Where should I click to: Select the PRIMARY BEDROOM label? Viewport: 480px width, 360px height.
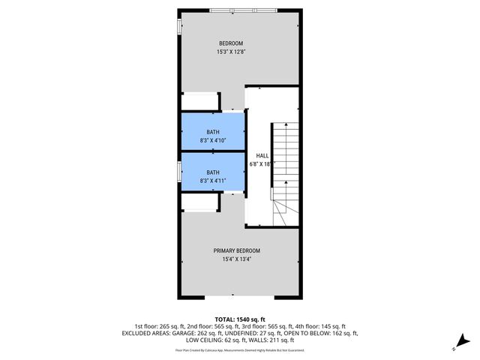[236, 250]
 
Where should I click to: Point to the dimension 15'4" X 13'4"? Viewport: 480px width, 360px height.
[236, 260]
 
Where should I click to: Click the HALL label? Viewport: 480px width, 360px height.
[262, 155]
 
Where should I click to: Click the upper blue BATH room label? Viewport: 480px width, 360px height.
[213, 132]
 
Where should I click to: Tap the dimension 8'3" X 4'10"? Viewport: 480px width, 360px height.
[213, 141]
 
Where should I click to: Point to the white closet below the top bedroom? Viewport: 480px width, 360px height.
[199, 102]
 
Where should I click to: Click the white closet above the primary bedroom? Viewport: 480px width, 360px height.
[199, 201]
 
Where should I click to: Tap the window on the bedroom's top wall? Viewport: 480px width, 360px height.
[243, 10]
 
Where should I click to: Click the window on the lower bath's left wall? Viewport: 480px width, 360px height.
[178, 171]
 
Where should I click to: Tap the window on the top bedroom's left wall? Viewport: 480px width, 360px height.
[178, 25]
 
